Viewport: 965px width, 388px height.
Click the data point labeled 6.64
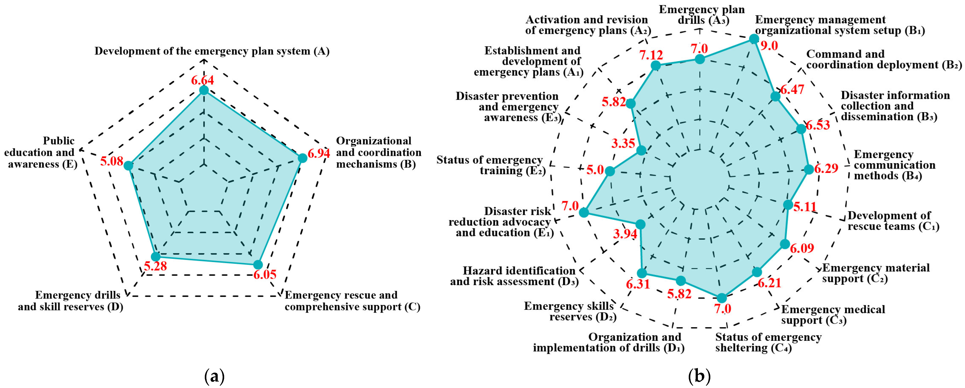(204, 90)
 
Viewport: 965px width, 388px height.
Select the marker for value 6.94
(302, 158)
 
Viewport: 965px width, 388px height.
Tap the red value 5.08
(112, 161)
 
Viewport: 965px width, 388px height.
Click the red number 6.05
(265, 274)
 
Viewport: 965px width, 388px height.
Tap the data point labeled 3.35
(641, 150)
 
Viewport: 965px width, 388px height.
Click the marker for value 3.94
(641, 224)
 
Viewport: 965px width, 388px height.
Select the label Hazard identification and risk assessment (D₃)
(514, 276)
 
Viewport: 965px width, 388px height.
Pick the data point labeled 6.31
(642, 273)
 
